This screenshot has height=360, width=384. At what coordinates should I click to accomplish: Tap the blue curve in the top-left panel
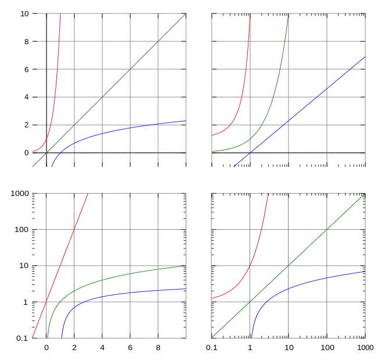click(116, 130)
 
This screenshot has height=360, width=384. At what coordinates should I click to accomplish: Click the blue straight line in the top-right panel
click(303, 111)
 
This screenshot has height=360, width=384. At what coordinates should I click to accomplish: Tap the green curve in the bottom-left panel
click(116, 278)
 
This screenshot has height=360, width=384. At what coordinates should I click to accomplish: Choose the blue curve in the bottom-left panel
click(116, 295)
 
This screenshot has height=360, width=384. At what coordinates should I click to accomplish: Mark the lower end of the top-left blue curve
click(52, 166)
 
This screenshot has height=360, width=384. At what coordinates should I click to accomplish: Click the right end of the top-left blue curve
click(185, 121)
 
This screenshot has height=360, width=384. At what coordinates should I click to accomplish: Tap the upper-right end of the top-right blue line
click(365, 57)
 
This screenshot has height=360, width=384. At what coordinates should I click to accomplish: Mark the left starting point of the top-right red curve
click(212, 136)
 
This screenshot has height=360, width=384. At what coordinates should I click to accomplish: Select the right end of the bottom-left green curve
click(185, 266)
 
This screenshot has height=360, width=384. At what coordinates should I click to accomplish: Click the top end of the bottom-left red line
click(88, 194)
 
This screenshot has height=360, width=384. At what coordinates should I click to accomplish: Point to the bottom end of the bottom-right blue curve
click(251, 337)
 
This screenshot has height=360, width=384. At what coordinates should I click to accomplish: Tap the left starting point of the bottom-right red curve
click(212, 298)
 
